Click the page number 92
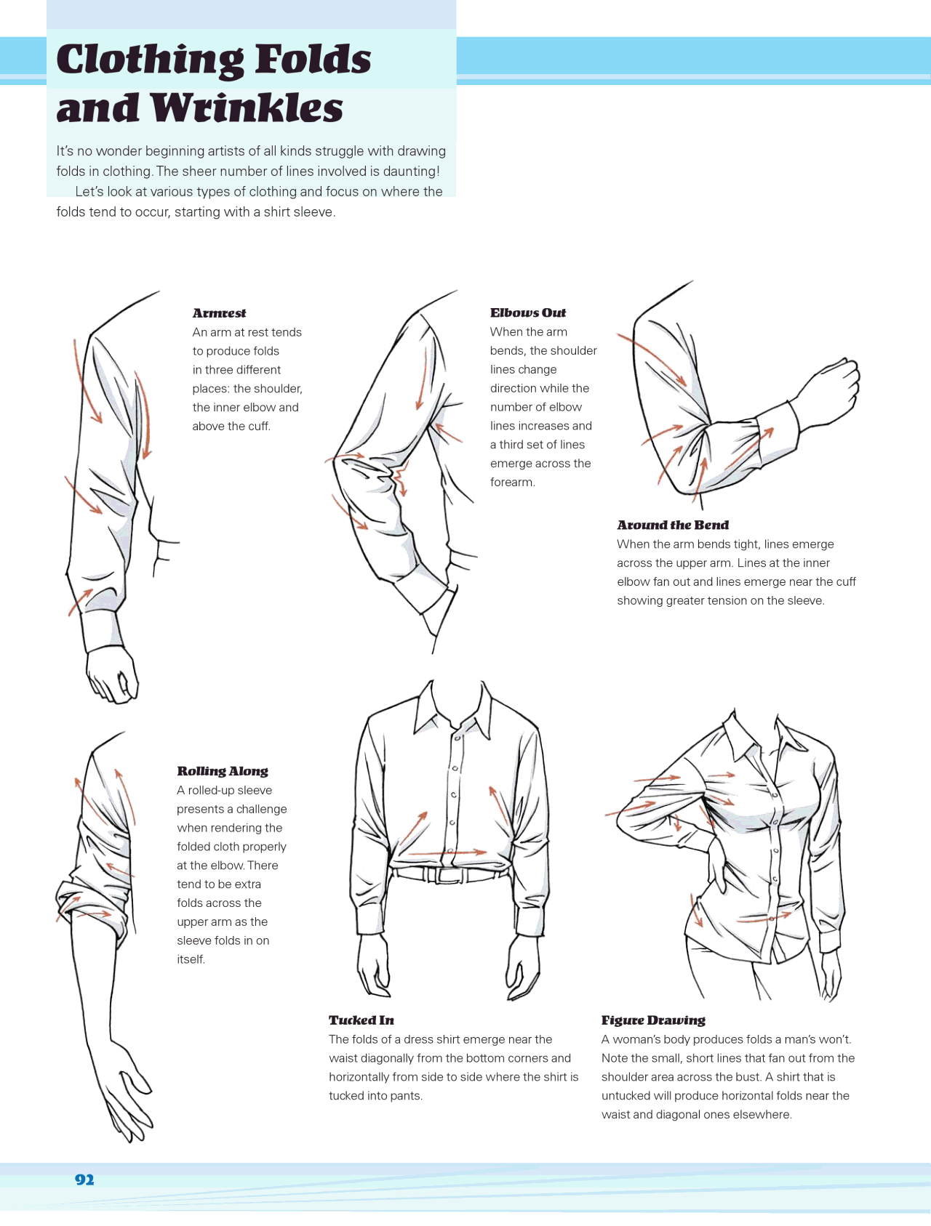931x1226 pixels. (x=84, y=1179)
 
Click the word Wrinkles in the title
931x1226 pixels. (x=247, y=109)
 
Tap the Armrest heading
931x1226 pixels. (x=219, y=313)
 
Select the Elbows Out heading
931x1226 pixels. (x=527, y=312)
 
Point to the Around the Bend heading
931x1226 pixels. (x=672, y=525)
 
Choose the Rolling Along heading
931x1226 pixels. (x=223, y=771)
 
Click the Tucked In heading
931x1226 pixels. (x=361, y=1020)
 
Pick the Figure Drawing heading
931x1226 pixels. (x=653, y=1020)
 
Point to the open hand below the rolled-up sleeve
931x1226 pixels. (x=126, y=1090)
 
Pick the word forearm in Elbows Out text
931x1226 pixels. (x=512, y=483)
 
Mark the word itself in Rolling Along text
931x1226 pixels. (x=191, y=959)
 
